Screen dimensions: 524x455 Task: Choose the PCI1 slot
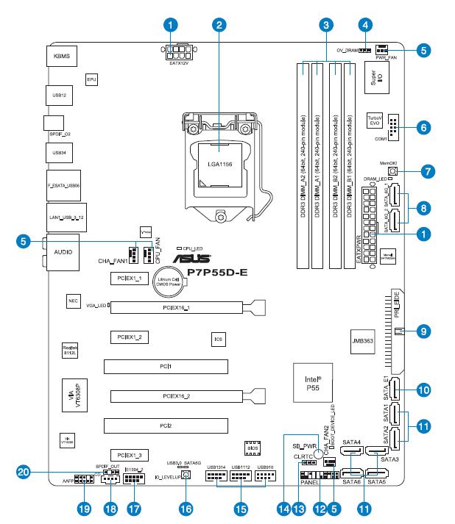coord(169,365)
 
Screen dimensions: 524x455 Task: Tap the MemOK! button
coord(393,172)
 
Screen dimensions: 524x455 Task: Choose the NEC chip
coord(72,301)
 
